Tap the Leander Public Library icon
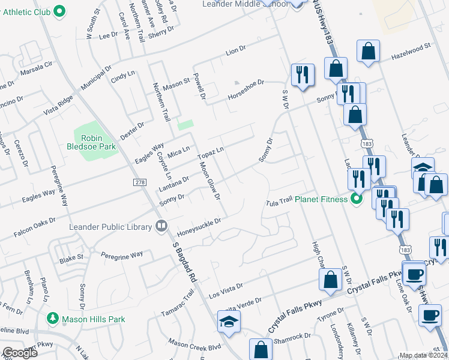point(161,226)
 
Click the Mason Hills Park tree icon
point(52,319)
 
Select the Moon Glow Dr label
point(210,181)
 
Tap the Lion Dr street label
point(236,53)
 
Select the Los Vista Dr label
point(226,292)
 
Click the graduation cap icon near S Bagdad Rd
point(228,322)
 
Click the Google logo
point(20,352)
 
